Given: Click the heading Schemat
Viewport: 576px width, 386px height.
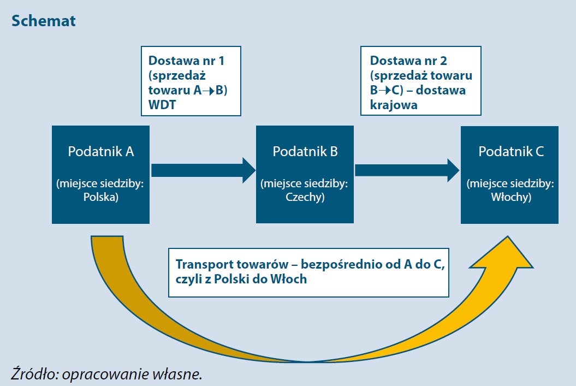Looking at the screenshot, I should click(x=43, y=21).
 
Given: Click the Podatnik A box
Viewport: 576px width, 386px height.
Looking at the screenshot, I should click(x=100, y=174).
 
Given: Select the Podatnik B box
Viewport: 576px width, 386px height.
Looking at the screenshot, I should click(x=305, y=174).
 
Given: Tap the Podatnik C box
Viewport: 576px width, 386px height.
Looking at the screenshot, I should click(x=509, y=174).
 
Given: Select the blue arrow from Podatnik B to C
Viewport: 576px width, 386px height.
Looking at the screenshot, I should click(x=407, y=170).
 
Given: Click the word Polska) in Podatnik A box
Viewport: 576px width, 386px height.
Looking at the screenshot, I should click(x=100, y=198).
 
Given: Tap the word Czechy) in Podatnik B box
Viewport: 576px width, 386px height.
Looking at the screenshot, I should click(x=305, y=198).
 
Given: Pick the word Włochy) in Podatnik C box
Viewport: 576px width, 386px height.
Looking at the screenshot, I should click(x=510, y=198).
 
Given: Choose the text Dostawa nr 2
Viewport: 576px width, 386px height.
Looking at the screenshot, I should click(x=408, y=61).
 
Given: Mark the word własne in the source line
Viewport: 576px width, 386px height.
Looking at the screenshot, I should click(x=183, y=374).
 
